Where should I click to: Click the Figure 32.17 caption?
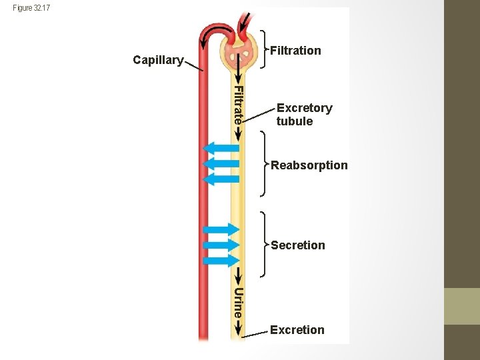click(31, 8)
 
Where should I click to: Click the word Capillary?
click(158, 60)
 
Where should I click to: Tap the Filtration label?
click(295, 51)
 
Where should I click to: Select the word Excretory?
click(304, 108)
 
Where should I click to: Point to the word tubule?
click(295, 121)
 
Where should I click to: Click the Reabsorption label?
click(309, 165)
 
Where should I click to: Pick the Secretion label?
click(298, 245)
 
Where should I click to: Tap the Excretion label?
click(297, 330)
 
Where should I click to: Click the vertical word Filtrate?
click(238, 105)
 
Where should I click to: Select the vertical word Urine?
click(238, 301)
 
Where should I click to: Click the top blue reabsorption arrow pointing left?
click(220, 148)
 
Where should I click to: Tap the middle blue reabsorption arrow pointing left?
click(220, 163)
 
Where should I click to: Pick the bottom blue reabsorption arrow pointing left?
click(220, 179)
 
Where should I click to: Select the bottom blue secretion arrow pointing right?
click(220, 261)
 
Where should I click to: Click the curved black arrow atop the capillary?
click(215, 33)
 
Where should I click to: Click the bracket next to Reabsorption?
click(264, 164)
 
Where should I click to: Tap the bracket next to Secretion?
click(264, 245)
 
